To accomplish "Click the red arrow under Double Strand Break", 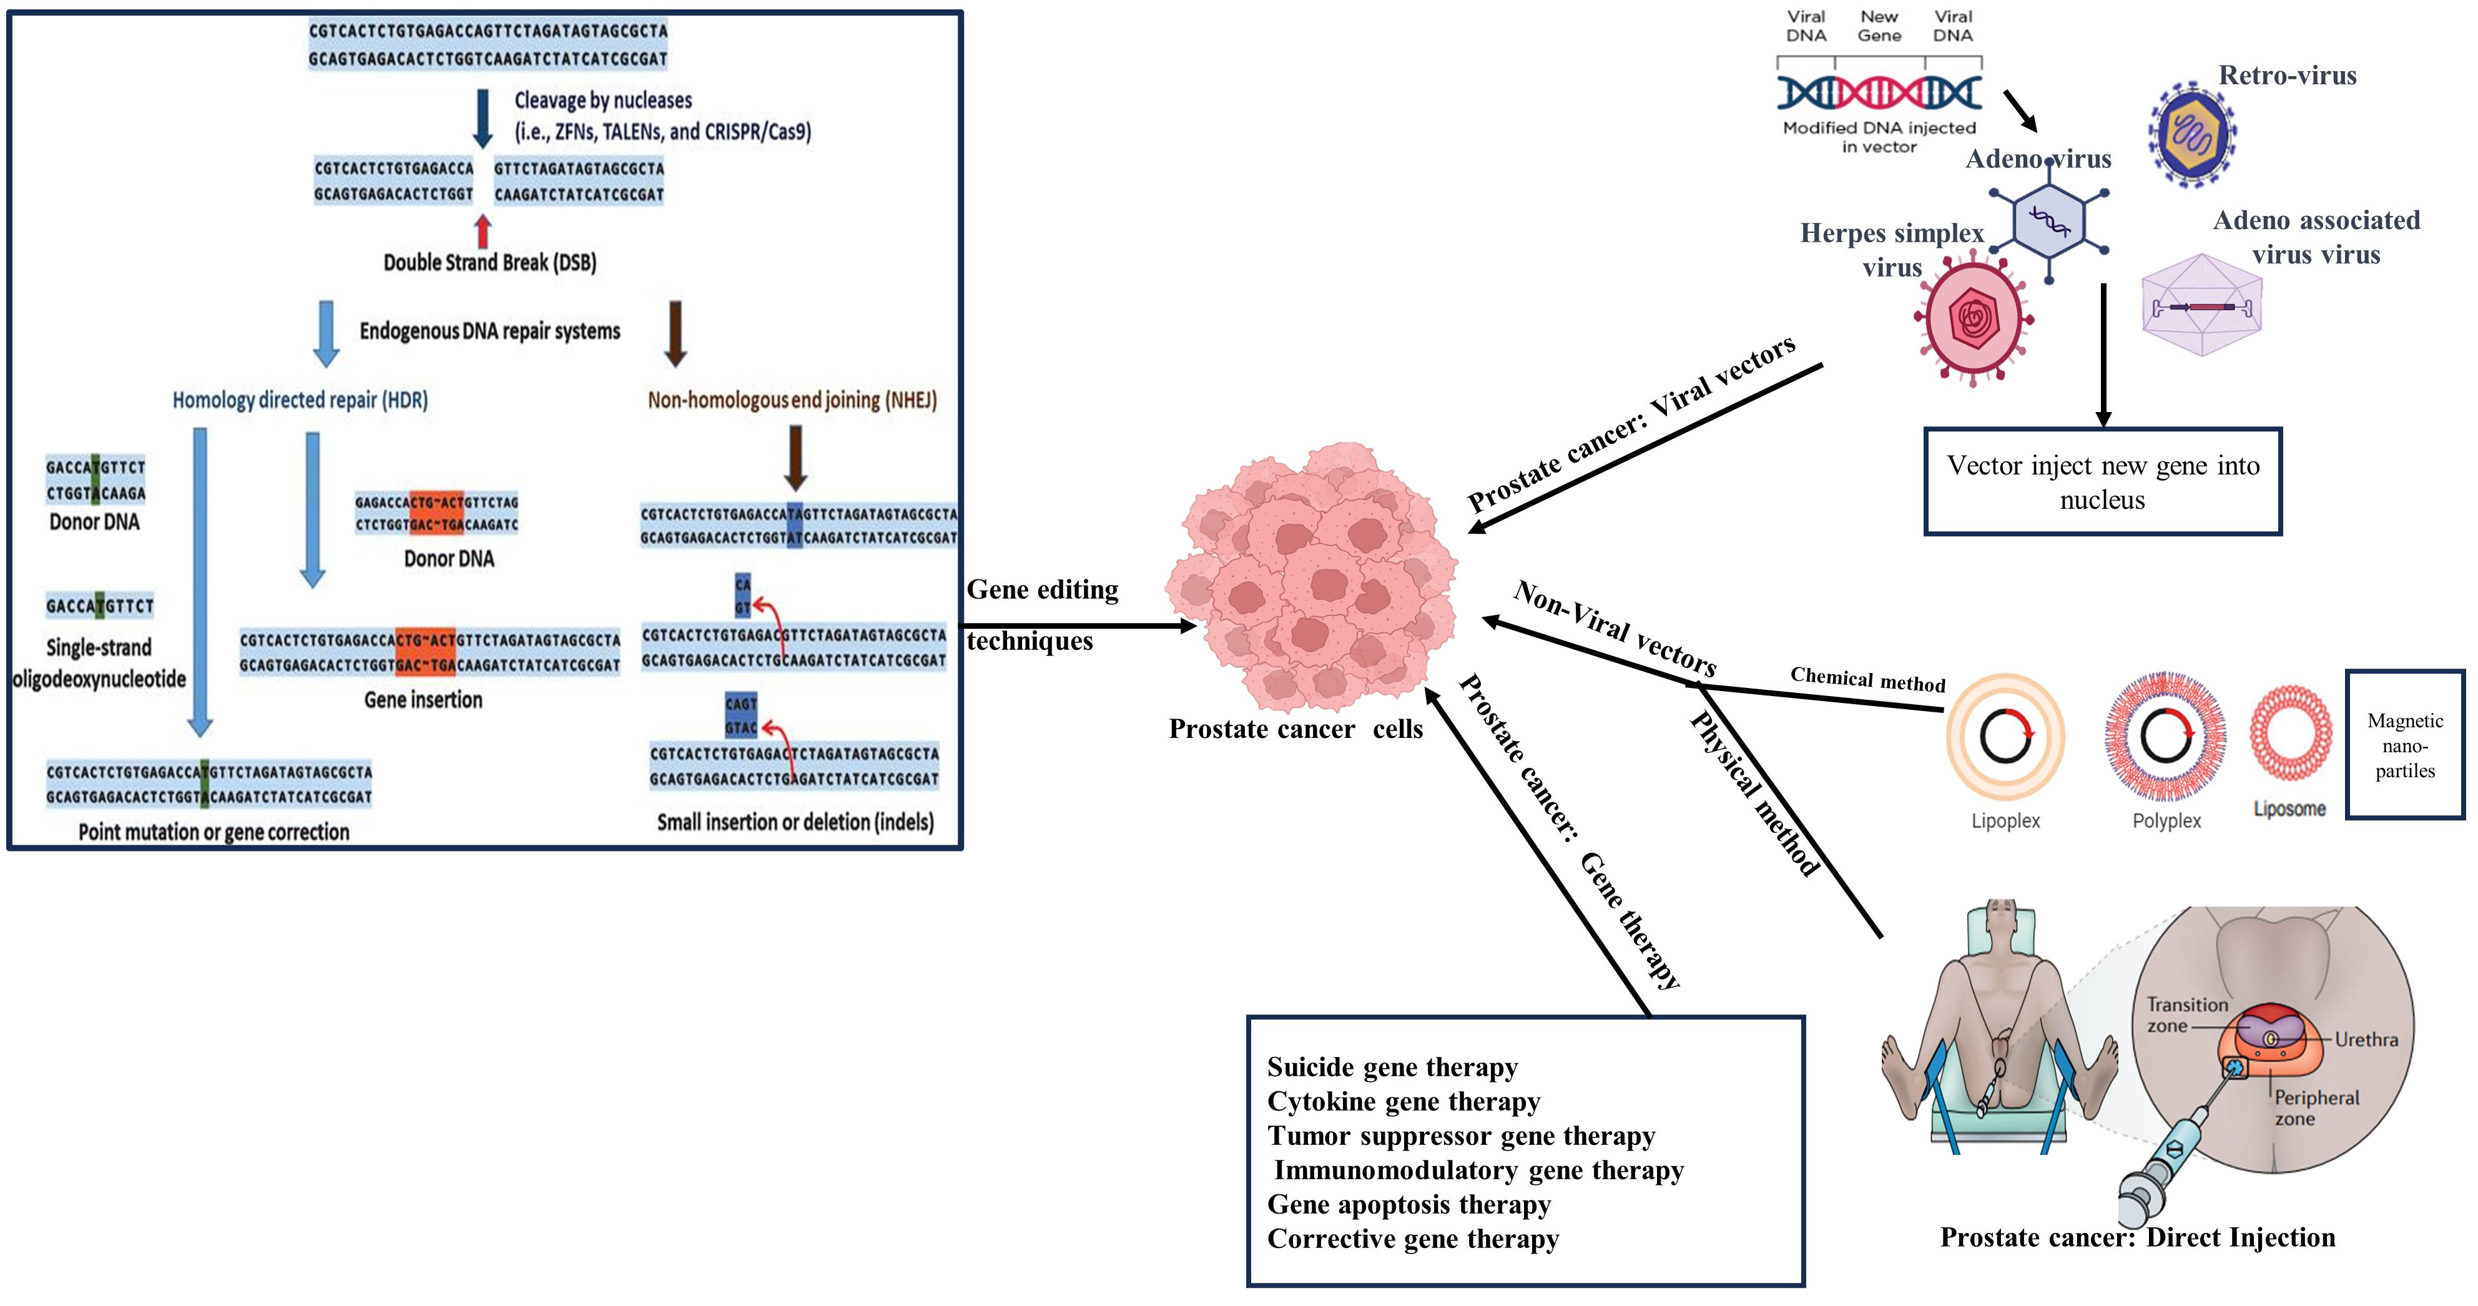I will pos(483,231).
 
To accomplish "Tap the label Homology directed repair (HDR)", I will pos(300,400).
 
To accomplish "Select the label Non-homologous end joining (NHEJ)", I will pos(792,400).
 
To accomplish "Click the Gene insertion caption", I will pos(423,700).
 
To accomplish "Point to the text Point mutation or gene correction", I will pos(214,832).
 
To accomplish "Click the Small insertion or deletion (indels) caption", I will pos(795,822).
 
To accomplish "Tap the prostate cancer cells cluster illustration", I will pos(1310,577).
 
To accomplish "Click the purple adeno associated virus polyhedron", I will pos(2201,306).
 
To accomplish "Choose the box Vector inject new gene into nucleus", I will pos(2102,482).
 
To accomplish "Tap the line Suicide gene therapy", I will pos(1392,1068).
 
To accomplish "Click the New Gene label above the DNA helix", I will pos(1879,26).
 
